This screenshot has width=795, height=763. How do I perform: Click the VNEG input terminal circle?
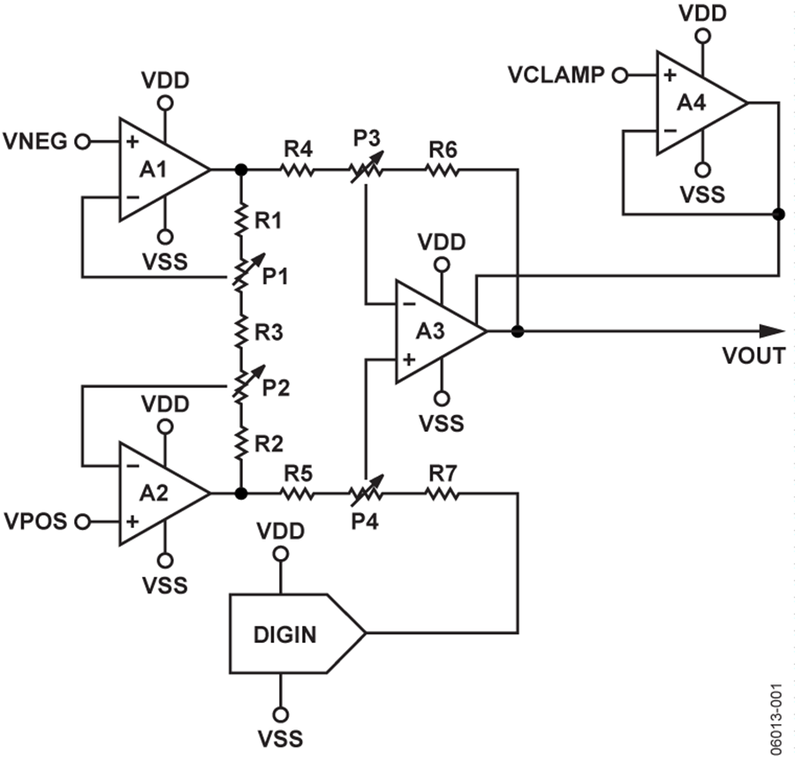(x=83, y=141)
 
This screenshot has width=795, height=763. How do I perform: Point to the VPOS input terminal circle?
(x=83, y=521)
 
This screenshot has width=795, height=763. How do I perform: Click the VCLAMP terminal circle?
(x=619, y=76)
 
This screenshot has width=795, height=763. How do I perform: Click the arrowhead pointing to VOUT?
(x=772, y=331)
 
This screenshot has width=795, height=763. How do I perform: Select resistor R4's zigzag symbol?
(x=297, y=170)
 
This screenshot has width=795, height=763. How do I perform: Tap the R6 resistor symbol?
(x=443, y=170)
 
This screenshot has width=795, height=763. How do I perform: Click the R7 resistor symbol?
(x=443, y=493)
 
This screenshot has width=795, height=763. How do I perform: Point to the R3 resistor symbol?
(x=241, y=331)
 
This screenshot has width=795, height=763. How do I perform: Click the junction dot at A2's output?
(x=241, y=493)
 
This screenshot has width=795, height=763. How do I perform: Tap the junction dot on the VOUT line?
(x=517, y=331)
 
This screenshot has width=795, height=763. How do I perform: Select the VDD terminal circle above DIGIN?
(x=280, y=554)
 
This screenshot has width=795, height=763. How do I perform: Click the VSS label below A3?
(x=442, y=423)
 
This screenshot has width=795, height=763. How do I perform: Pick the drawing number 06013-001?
(x=776, y=720)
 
